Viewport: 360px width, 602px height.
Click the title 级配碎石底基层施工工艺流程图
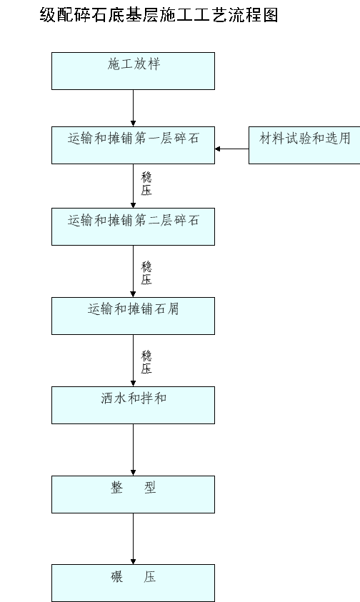159,15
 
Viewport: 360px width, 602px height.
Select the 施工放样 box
134,71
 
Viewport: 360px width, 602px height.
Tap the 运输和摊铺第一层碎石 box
134,145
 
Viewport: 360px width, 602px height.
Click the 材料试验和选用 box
304,145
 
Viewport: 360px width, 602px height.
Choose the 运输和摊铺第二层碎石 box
134,226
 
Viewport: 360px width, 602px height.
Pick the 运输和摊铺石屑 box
134,316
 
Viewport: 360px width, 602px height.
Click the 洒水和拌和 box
134,405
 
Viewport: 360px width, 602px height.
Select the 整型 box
134,494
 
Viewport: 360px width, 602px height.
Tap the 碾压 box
134,583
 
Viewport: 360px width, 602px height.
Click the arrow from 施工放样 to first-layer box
134,109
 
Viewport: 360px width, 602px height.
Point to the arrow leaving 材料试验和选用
231,149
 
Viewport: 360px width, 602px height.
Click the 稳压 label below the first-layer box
146,184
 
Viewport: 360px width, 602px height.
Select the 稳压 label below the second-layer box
146,273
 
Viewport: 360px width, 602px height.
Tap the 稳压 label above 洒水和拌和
146,362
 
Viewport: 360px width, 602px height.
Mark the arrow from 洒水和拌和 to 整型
134,450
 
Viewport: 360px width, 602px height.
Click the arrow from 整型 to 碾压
134,538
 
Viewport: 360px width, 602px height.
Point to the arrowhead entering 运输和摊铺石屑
134,294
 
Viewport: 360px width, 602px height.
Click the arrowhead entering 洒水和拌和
134,383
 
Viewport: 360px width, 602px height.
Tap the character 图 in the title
271,15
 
